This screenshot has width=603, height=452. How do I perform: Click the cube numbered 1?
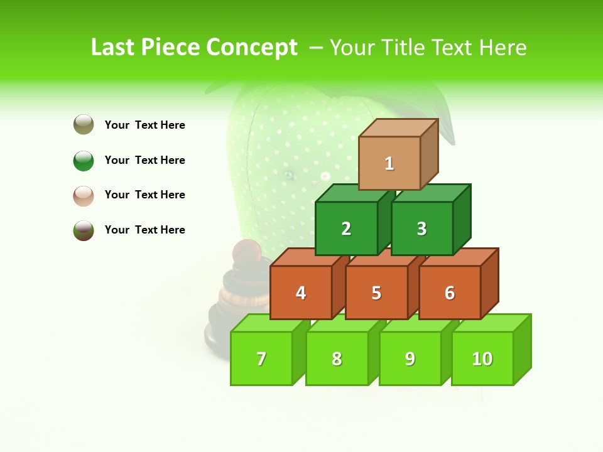[389, 163]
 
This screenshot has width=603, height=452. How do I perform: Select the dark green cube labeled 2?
[346, 229]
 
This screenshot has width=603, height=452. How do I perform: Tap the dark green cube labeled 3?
[421, 229]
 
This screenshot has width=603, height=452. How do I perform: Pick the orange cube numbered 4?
[301, 293]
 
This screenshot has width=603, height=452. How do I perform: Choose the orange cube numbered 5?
[376, 293]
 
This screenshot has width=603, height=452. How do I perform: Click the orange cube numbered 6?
[450, 293]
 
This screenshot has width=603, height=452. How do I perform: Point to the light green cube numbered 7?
[261, 358]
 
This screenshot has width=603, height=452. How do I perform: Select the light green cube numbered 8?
[337, 358]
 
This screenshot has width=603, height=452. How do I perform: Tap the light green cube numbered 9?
[410, 358]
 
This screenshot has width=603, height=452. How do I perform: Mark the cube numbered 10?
[482, 358]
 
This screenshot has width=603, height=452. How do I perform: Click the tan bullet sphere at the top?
[84, 124]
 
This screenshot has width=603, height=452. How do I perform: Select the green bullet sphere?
[84, 160]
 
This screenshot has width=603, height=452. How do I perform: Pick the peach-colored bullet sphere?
[84, 195]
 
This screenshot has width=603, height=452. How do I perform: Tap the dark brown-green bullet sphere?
[84, 230]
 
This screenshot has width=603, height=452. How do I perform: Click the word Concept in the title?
[252, 48]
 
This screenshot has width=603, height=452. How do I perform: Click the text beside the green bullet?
[145, 160]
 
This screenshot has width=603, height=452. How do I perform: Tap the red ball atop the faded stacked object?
[247, 250]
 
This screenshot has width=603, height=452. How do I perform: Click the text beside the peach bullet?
[145, 195]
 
